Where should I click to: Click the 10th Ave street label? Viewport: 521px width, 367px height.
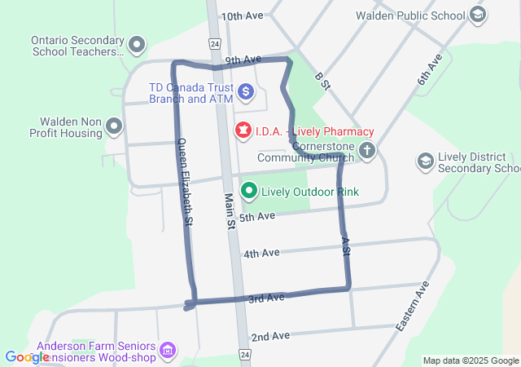tap(243, 16)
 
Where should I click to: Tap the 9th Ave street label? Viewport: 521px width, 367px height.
tap(243, 60)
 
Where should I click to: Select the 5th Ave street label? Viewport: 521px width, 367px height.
tap(258, 217)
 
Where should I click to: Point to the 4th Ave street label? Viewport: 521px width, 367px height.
tap(261, 254)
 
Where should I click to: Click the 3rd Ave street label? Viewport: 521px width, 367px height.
tap(266, 298)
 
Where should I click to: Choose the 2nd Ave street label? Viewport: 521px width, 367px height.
tap(270, 336)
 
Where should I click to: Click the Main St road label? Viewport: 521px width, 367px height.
tap(230, 209)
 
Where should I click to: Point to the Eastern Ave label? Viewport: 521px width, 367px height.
tap(412, 307)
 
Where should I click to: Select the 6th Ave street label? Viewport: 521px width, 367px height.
tap(429, 70)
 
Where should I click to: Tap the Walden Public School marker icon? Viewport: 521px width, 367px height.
tap(477, 15)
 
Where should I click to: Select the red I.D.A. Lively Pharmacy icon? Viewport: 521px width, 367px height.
tap(243, 130)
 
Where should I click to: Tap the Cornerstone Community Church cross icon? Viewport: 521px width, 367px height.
tap(368, 150)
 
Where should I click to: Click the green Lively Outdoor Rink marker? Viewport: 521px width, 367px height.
tap(250, 192)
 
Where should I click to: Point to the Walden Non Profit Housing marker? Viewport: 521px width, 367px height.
tap(114, 126)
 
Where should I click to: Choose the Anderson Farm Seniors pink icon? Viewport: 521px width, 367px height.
tap(169, 351)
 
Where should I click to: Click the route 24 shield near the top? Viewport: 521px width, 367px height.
tap(214, 42)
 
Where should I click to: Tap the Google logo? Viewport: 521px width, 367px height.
tap(27, 356)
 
